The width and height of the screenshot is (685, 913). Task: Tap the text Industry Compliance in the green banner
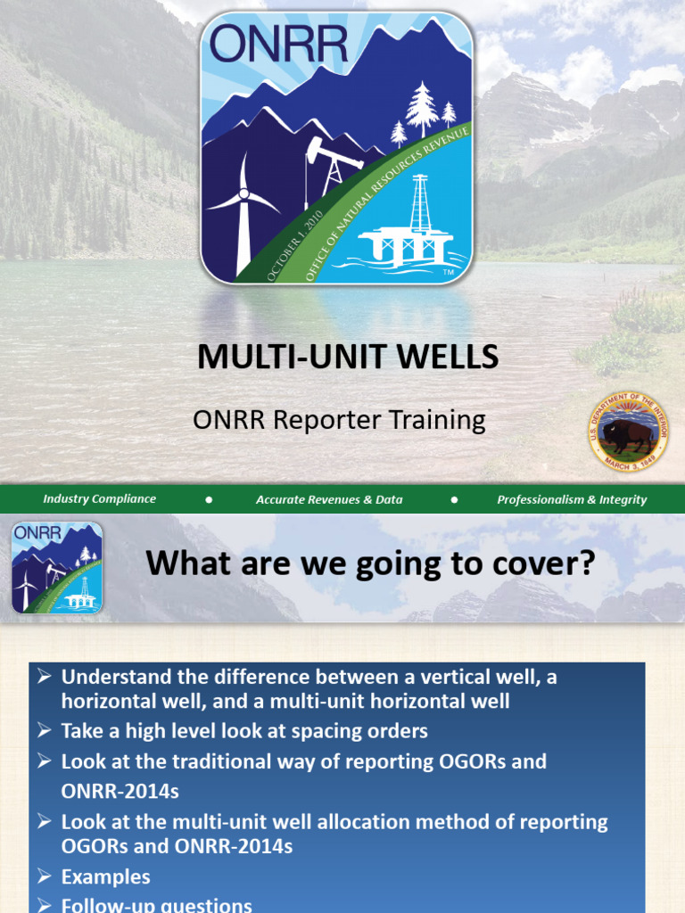99,499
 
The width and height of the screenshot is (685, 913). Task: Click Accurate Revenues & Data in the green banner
329,499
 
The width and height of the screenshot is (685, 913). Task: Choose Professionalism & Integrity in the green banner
572,499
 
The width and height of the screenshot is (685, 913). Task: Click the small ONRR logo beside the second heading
57,567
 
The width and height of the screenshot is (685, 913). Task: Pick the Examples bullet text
105,876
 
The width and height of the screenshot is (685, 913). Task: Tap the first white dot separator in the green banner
209,499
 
